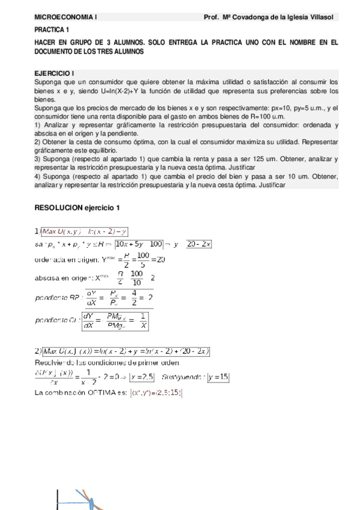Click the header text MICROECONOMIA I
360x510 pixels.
[65, 17]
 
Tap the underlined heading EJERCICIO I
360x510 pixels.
[54, 72]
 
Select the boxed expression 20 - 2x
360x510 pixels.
[198, 244]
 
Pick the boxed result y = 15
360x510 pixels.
[218, 377]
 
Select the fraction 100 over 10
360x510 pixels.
[137, 278]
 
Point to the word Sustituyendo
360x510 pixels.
[181, 378]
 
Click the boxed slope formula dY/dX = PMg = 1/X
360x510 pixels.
[115, 319]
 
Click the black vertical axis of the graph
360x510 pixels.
[57, 499]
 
